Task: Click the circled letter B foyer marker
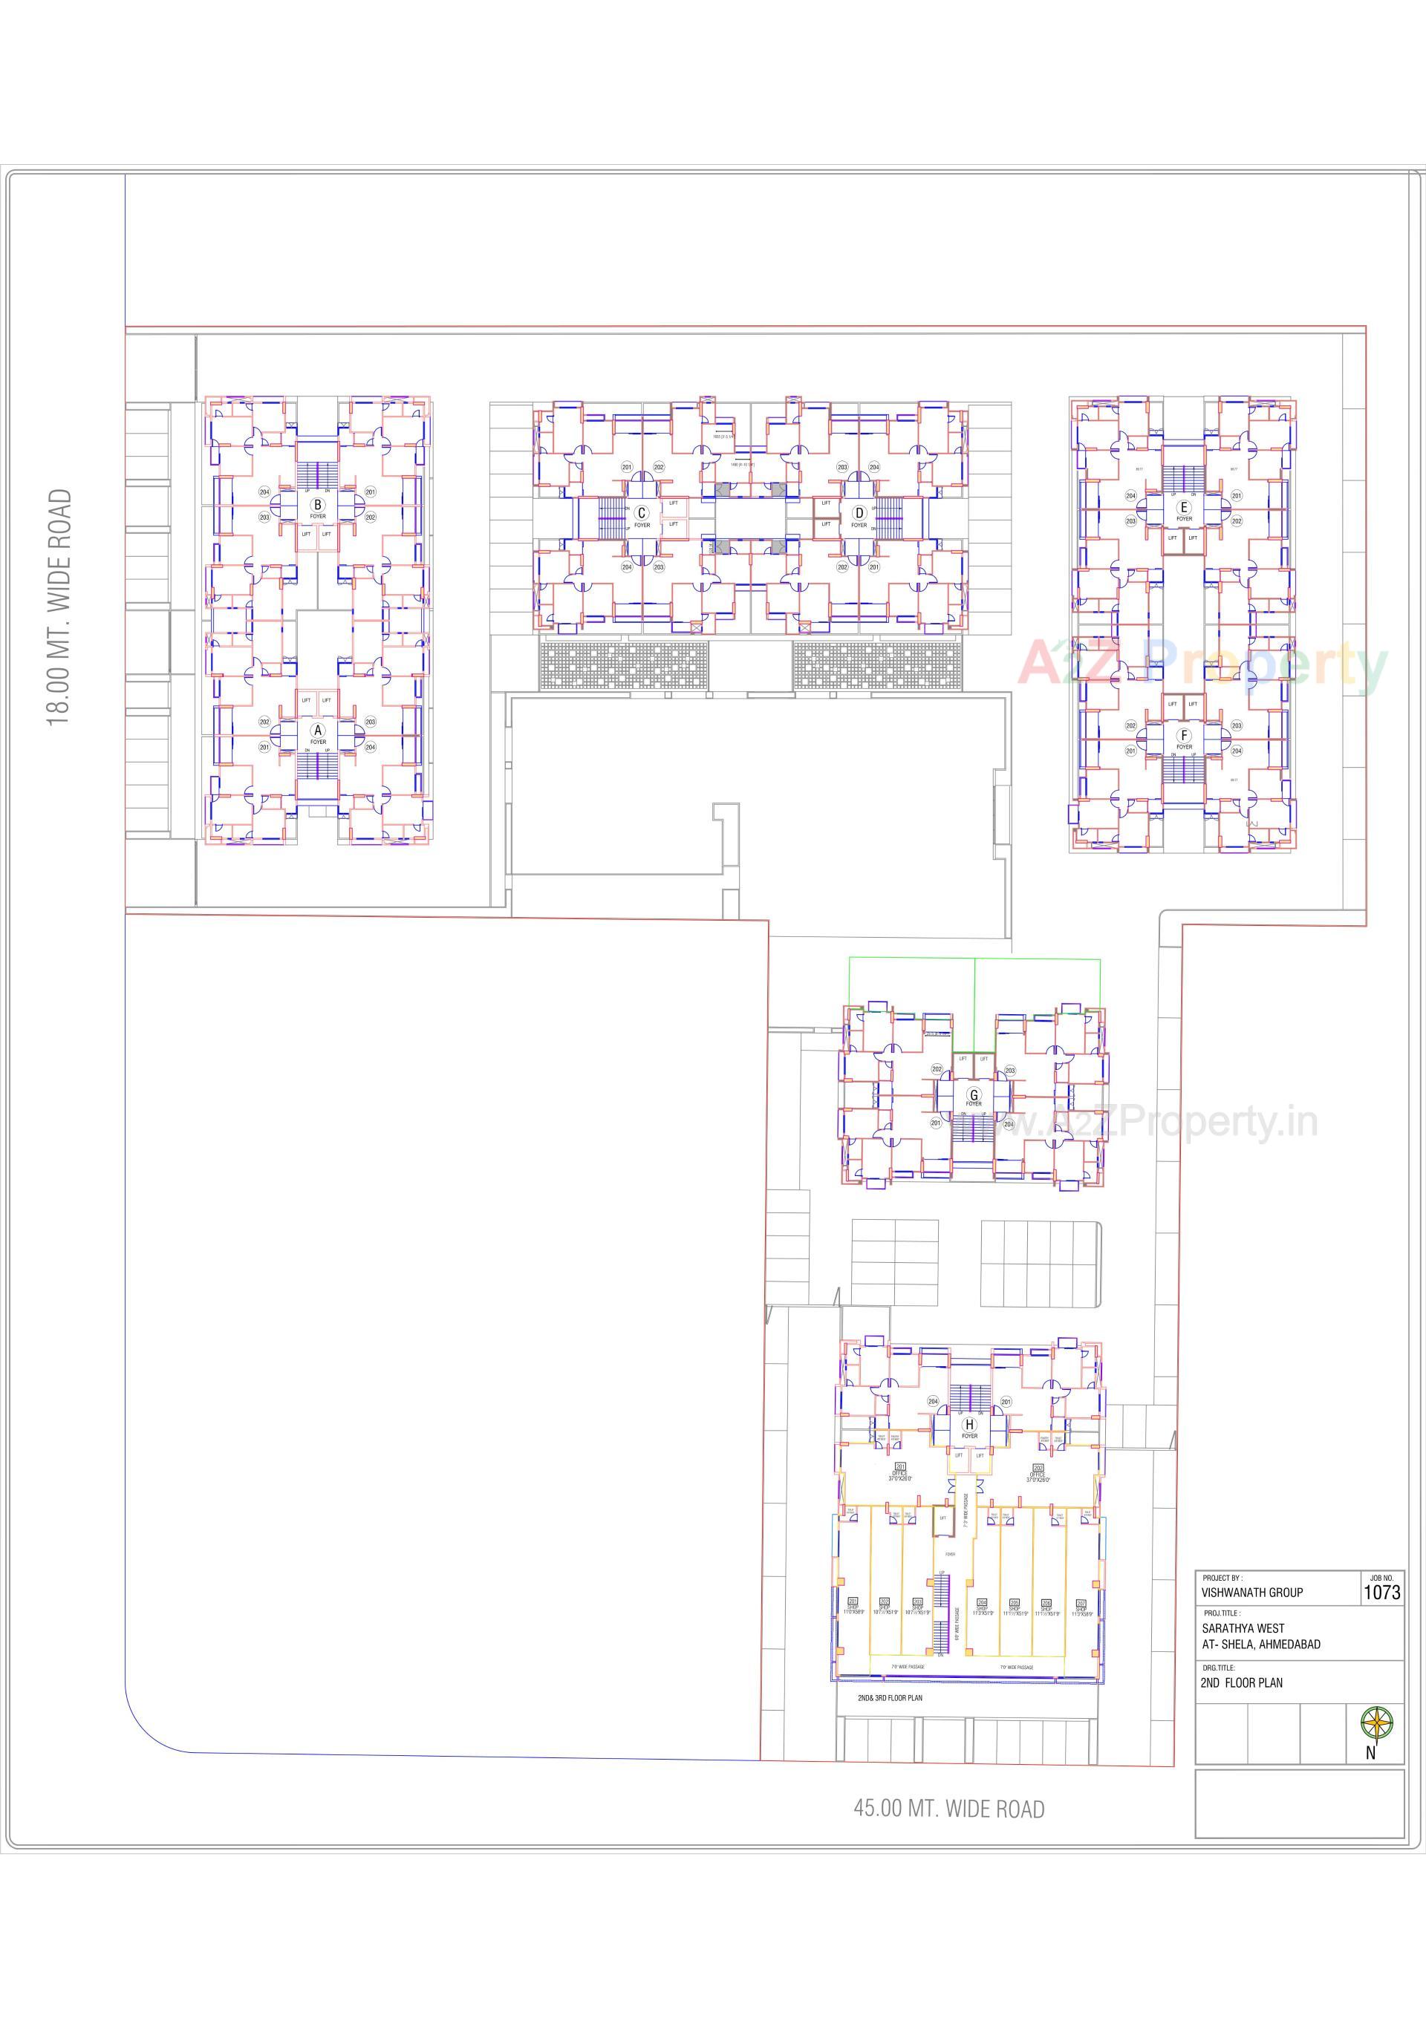pos(317,506)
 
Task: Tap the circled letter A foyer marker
pos(317,731)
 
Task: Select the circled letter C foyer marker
pos(642,513)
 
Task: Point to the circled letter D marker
pos(859,513)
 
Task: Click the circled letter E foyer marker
pos(1184,507)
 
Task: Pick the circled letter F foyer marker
pos(1184,736)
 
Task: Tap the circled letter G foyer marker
pos(973,1095)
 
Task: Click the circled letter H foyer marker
pos(968,1425)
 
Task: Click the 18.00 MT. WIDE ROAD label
pos(59,607)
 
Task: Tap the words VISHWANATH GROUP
pos(1252,1593)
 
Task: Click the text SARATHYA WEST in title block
pos(1243,1627)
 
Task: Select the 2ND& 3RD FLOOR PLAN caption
pos(890,1698)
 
